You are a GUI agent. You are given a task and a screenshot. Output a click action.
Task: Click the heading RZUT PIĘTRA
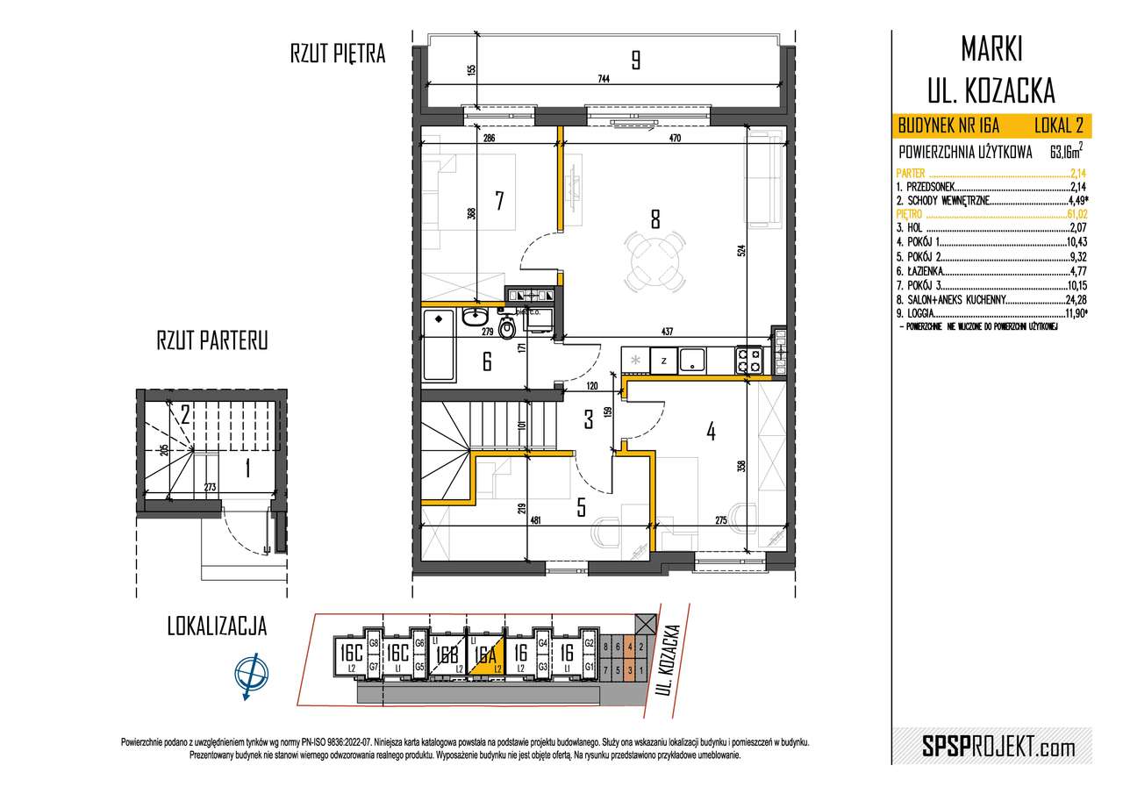click(x=338, y=54)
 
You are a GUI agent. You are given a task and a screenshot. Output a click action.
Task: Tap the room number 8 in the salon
click(x=654, y=219)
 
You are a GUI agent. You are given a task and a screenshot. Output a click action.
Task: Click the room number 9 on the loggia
click(x=635, y=60)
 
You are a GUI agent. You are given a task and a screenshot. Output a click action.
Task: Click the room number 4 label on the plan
click(x=712, y=431)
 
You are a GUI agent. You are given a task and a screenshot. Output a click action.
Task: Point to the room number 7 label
click(x=498, y=201)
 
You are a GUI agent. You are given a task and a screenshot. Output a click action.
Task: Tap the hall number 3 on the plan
click(x=590, y=418)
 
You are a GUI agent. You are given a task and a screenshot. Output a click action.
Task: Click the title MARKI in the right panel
click(x=991, y=50)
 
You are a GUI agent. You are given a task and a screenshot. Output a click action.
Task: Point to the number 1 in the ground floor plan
click(x=247, y=470)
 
